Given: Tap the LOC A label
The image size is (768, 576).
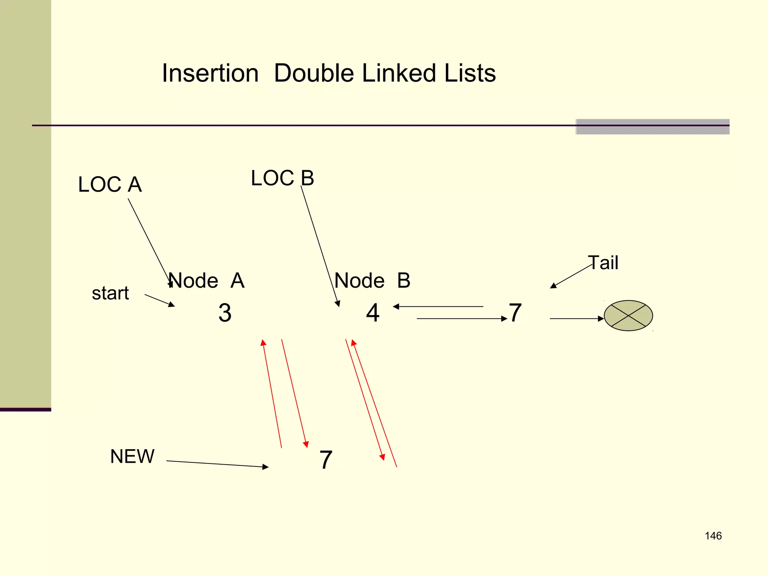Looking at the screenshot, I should coord(110,184).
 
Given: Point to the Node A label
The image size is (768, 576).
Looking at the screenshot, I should coord(206,280).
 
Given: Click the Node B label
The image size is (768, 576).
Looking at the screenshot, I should coord(372,280).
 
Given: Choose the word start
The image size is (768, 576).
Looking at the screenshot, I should coord(110,293).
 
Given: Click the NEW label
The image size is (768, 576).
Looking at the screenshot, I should coord(132,456).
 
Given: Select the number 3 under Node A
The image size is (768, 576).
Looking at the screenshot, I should coord(225,313).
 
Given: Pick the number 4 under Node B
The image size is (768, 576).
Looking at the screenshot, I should coord(373,313).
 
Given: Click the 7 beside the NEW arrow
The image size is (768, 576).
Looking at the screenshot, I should coord(326,460).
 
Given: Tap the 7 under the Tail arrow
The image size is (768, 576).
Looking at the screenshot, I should coord(515,313).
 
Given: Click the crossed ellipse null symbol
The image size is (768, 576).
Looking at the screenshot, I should coord(628,316).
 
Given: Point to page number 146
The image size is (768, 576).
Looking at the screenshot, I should coord(713,536).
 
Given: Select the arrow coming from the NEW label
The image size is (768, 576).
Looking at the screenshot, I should coord(217,464).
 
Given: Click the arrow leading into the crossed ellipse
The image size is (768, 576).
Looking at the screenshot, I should coord(576,318).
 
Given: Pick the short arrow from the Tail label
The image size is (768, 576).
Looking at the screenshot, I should coord(571,276).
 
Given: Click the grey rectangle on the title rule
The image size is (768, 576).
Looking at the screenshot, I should coord(652,127).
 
